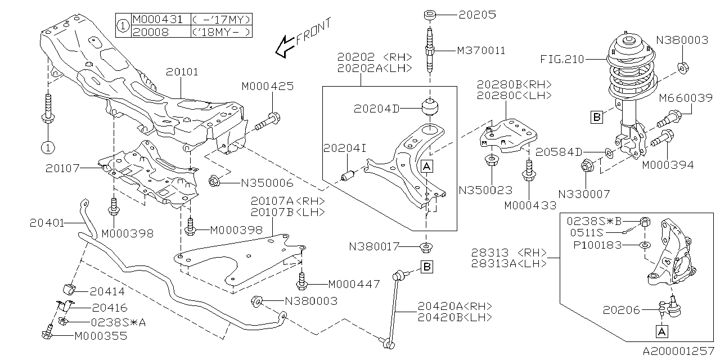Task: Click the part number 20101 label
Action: (182, 73)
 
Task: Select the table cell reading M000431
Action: (157, 19)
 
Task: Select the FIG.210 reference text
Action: (562, 59)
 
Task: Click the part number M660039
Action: (685, 98)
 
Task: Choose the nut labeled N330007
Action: (584, 166)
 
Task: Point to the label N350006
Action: (267, 183)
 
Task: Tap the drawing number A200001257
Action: (678, 350)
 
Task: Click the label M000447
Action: (354, 284)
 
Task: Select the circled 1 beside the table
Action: (123, 25)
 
